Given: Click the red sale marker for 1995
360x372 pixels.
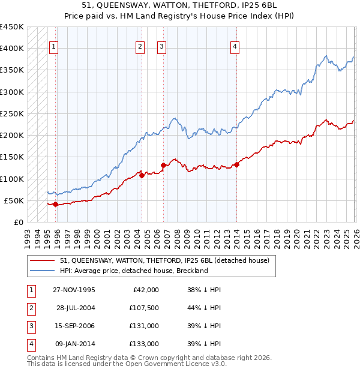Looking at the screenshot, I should point(56,204).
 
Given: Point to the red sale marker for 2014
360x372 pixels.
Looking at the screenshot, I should point(237,164).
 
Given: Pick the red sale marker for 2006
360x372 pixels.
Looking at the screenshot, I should point(163,165).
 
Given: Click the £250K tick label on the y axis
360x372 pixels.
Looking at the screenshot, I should point(12,113).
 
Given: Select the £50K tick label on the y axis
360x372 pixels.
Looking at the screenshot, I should point(14,200).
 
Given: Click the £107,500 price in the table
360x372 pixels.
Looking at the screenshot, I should point(144,307).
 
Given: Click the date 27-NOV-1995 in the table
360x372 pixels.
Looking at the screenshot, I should point(76,289).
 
